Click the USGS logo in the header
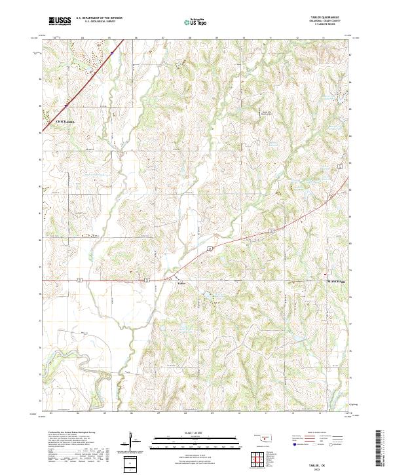[x=60, y=21]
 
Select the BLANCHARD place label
[x=336, y=282]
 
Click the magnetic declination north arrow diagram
[x=134, y=440]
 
